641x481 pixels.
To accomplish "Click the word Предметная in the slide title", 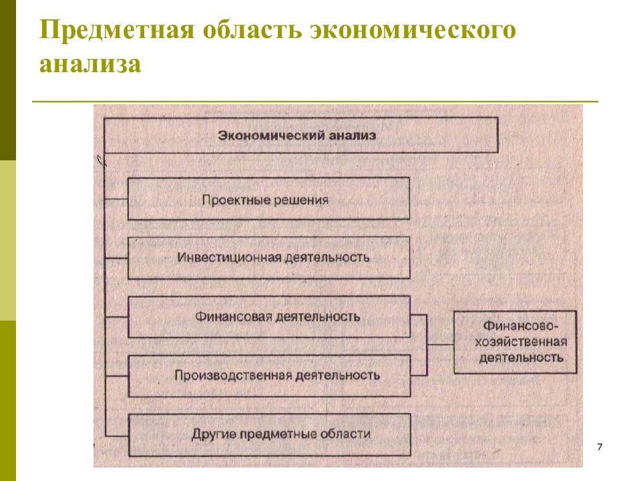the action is [116, 30].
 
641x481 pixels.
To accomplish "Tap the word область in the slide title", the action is [252, 30].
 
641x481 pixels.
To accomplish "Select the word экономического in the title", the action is [413, 30].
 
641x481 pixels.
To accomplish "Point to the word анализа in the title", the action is [90, 64].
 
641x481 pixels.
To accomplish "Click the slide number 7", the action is [600, 447].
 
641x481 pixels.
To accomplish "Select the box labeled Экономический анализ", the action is [301, 136].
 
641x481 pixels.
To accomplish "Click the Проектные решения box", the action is [268, 199].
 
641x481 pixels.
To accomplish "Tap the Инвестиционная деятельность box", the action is [268, 258].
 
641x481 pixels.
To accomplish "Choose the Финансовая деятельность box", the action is [269, 317].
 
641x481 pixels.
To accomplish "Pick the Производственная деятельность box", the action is [269, 376].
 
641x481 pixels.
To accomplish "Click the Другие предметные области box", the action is [269, 435].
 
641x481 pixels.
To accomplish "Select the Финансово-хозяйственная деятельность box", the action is [515, 342].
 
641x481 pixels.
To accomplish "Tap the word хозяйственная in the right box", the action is [521, 342].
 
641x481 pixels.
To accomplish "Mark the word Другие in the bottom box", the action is [214, 434].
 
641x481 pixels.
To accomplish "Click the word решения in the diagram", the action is [301, 200].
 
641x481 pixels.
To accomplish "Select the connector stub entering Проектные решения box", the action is [116, 199].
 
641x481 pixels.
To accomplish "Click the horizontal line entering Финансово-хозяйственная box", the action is [440, 345].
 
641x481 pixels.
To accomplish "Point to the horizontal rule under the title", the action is [315, 101].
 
